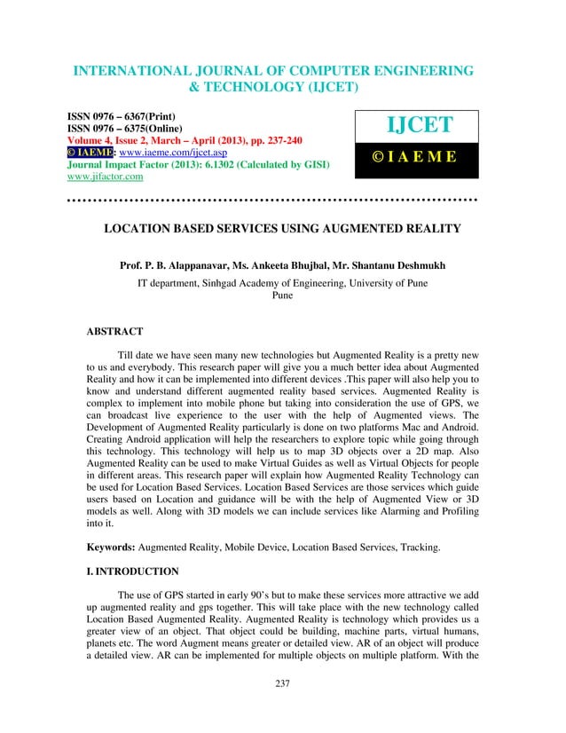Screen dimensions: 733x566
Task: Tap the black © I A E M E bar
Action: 416,158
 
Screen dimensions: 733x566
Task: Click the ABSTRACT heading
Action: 114,331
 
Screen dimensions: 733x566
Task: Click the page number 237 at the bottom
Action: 282,708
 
